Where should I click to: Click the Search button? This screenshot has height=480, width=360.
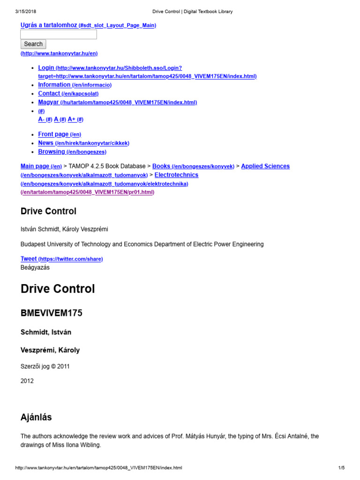[33, 44]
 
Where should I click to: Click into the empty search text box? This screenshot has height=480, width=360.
[59, 34]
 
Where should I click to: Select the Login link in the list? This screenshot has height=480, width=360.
[46, 67]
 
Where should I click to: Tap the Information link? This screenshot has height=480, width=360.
[54, 85]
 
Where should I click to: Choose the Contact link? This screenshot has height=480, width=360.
[49, 93]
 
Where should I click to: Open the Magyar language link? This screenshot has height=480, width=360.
[49, 102]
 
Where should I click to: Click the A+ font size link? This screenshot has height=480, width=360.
[72, 120]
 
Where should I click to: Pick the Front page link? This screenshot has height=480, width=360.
[53, 134]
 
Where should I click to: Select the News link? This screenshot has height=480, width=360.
[46, 143]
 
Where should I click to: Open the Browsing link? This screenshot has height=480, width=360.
[52, 152]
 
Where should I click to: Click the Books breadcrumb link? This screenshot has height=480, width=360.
[161, 166]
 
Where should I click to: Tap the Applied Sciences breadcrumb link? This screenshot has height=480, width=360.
[265, 166]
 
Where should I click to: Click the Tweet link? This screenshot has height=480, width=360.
[29, 259]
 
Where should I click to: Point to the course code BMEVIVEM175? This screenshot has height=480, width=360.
[52, 313]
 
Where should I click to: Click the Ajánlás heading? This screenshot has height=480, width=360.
[36, 417]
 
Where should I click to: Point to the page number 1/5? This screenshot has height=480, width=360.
[341, 468]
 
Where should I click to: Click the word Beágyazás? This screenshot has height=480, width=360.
[35, 267]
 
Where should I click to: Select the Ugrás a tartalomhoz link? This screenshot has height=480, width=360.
[49, 25]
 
